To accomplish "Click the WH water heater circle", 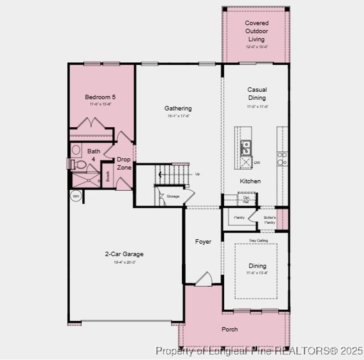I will tap(76, 196).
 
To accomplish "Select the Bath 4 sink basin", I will tap(76, 150).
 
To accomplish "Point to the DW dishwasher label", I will tap(257, 163).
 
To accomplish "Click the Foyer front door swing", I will tap(204, 279).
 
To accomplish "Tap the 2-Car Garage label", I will tap(124, 254).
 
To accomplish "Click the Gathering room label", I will tap(178, 108).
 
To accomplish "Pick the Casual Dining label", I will tap(257, 94).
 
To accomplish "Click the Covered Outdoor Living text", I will tap(257, 31).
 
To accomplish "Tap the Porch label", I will tap(230, 329).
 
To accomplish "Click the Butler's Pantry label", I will tap(269, 220).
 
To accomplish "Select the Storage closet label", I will tap(173, 196).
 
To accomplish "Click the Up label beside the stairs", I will tap(198, 174).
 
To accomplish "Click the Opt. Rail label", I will tap(246, 200).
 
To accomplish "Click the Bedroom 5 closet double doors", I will tap(91, 123).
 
